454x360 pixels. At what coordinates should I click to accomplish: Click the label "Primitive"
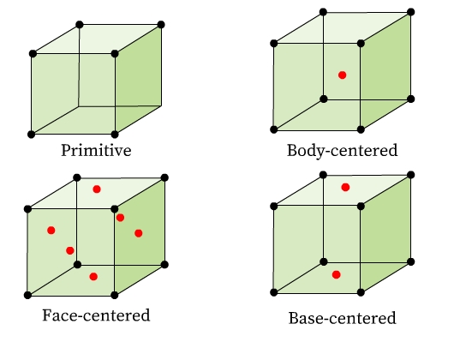click(x=96, y=150)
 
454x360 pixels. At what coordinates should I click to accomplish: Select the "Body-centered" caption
click(x=342, y=151)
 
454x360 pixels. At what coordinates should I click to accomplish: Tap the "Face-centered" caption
click(x=96, y=315)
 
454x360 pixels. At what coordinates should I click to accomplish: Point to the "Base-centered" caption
click(x=342, y=318)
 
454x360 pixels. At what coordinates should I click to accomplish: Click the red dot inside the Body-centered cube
click(x=343, y=75)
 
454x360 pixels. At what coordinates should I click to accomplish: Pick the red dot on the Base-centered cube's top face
click(x=345, y=188)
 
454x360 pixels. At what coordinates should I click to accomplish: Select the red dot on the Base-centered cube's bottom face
click(x=336, y=274)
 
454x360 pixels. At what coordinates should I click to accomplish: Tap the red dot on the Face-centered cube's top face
click(x=97, y=189)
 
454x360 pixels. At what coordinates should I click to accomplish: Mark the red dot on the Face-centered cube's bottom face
click(x=93, y=277)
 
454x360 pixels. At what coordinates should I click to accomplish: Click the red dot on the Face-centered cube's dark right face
click(x=139, y=233)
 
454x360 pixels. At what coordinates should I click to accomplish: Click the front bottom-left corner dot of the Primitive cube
click(x=32, y=135)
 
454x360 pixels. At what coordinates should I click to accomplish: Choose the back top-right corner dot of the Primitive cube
click(x=161, y=25)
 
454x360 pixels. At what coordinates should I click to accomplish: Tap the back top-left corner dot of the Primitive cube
click(x=80, y=25)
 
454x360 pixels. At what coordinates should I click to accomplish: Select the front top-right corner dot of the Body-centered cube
click(x=361, y=44)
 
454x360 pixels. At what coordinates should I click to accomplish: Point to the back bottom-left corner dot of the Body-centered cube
click(x=324, y=99)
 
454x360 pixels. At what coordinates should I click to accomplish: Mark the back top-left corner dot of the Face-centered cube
click(x=77, y=177)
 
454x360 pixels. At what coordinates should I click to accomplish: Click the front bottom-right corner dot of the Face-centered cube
click(x=115, y=295)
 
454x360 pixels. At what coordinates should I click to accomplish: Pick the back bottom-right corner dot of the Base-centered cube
click(x=410, y=261)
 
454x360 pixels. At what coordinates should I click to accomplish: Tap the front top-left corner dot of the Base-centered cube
click(x=274, y=207)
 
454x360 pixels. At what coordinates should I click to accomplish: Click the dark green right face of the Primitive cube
click(x=139, y=80)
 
